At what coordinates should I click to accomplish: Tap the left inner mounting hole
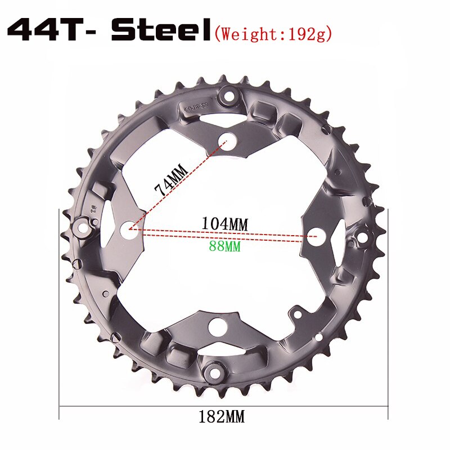pyautogui.click(x=128, y=229)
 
